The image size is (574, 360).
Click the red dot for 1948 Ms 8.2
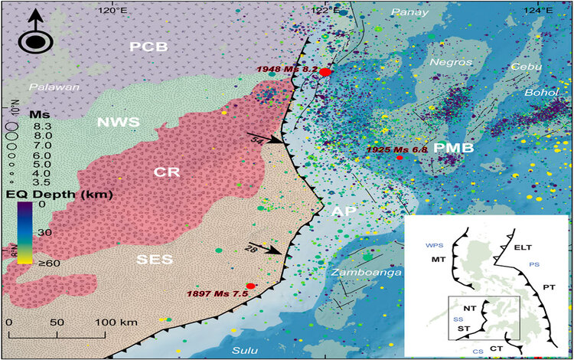pyautogui.click(x=325, y=72)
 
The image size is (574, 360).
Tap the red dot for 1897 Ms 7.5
pyautogui.click(x=250, y=286)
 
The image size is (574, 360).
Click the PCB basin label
pyautogui.click(x=148, y=47)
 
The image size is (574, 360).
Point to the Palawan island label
pyautogui.click(x=55, y=87)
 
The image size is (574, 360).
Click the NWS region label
pyautogui.click(x=117, y=121)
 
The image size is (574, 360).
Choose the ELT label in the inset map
pyautogui.click(x=522, y=247)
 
